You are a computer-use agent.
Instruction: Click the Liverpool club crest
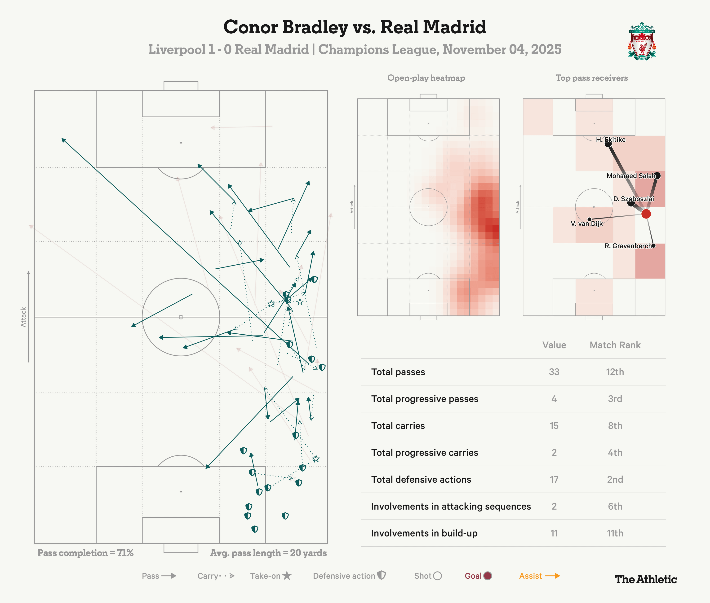click(x=642, y=41)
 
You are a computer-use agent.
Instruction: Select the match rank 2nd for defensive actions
click(x=615, y=480)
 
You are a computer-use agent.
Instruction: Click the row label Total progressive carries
click(x=424, y=453)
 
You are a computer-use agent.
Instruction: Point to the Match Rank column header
click(x=615, y=345)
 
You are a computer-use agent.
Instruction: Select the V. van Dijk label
click(x=586, y=223)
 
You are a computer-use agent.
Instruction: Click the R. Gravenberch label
click(x=628, y=246)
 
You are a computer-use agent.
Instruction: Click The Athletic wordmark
click(x=646, y=579)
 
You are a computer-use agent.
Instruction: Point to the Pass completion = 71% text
click(x=85, y=553)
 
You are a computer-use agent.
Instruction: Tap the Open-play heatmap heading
click(x=426, y=78)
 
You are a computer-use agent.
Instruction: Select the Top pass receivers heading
click(x=592, y=78)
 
